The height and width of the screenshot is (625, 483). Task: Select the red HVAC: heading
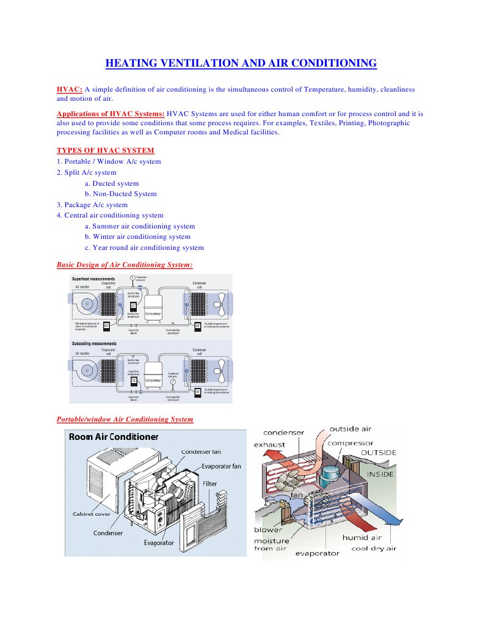pyautogui.click(x=69, y=89)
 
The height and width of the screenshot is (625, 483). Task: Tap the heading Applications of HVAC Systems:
pyautogui.click(x=111, y=114)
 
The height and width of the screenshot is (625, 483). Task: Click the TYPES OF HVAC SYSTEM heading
pyautogui.click(x=105, y=150)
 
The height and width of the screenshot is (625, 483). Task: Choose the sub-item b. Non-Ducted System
pyautogui.click(x=120, y=194)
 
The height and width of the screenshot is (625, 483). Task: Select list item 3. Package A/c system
pyautogui.click(x=92, y=205)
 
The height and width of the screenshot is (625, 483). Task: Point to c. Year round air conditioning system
pyautogui.click(x=144, y=247)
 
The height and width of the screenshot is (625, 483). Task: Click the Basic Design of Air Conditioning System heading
pyautogui.click(x=125, y=265)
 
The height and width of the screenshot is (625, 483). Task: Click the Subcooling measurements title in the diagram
pyautogui.click(x=94, y=344)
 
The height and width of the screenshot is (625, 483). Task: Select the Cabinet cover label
pyautogui.click(x=91, y=513)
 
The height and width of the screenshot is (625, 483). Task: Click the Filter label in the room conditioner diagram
pyautogui.click(x=209, y=484)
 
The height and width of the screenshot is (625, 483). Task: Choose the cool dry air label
pyautogui.click(x=374, y=548)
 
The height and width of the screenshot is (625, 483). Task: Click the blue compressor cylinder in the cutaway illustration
pyautogui.click(x=335, y=472)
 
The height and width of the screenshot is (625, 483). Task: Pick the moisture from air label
pyautogui.click(x=272, y=544)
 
